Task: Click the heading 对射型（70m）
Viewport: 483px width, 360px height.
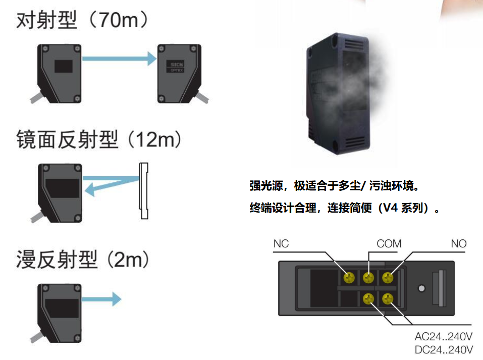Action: tap(83, 21)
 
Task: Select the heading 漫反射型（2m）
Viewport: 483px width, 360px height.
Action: tap(83, 260)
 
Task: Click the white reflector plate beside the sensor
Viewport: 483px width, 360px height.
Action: tap(144, 190)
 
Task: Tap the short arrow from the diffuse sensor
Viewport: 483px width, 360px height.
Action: tap(101, 299)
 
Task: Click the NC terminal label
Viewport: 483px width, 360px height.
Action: tap(281, 244)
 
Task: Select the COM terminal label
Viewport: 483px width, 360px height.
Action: tap(389, 244)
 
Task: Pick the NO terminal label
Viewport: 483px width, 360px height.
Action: tap(459, 244)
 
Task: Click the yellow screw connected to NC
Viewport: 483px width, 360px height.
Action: tap(348, 277)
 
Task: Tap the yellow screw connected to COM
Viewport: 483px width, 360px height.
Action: tap(368, 277)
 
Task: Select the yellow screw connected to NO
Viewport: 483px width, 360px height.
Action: tap(388, 277)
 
